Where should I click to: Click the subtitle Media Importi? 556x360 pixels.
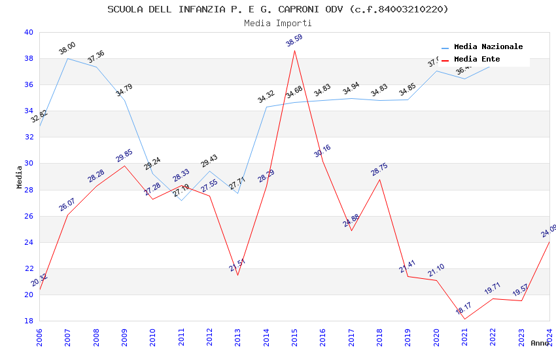coord(278,23)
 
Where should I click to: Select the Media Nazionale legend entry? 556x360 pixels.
coord(488,46)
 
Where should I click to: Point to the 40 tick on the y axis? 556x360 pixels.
coord(29,32)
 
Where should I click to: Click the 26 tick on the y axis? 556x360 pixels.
coord(29,216)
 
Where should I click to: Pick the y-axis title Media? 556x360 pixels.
coord(20,177)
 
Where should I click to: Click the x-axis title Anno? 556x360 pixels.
coord(540,343)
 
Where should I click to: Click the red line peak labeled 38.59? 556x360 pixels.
coord(294,50)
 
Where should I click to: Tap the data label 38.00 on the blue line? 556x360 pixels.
coord(67,48)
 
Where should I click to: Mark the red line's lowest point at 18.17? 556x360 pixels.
coord(464,319)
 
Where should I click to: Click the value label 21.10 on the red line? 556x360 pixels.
coord(436,270)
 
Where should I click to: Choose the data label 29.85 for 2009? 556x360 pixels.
coord(124,155)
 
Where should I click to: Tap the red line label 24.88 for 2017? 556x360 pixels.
coord(351,220)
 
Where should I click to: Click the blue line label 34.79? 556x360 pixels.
coord(124,90)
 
